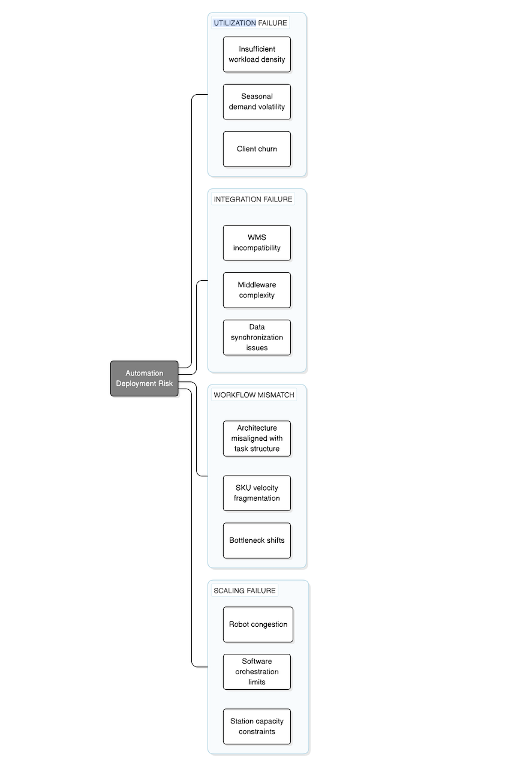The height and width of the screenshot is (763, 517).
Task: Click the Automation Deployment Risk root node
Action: click(x=144, y=379)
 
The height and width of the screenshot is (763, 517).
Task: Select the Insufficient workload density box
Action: click(x=257, y=55)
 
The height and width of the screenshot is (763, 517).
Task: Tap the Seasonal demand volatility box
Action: click(x=257, y=101)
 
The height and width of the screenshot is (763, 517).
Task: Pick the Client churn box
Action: click(x=257, y=149)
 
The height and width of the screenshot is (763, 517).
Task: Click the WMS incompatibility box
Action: click(x=257, y=243)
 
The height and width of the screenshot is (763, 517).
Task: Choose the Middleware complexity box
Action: click(x=257, y=290)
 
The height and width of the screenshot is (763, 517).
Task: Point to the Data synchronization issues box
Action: click(x=257, y=337)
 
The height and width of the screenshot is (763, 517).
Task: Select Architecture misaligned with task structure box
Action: click(x=257, y=438)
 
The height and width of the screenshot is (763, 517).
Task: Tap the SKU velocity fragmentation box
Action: click(x=257, y=493)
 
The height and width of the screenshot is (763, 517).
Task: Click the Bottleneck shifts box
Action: click(x=257, y=540)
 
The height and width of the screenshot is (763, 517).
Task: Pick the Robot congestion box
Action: click(x=258, y=624)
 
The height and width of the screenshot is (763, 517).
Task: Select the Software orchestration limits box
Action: click(x=257, y=672)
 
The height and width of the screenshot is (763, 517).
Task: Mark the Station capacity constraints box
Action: click(x=257, y=726)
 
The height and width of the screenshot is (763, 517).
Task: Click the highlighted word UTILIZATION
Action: click(x=235, y=23)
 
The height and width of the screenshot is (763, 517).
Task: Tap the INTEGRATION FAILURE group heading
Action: click(x=253, y=199)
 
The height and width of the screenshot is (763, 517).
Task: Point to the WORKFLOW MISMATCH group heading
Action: click(x=254, y=395)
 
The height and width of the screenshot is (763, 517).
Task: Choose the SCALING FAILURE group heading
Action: click(x=245, y=591)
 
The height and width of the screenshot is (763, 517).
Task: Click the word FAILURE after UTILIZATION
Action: click(x=273, y=23)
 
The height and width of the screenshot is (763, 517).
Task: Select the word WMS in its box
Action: click(x=257, y=238)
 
